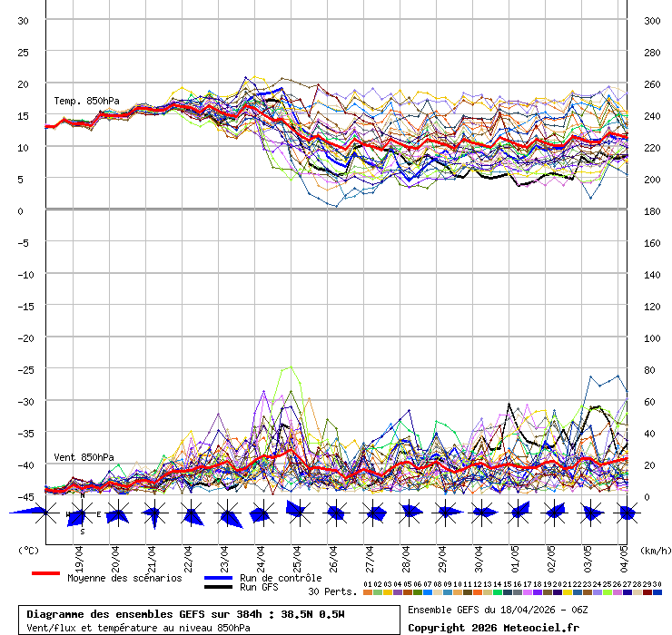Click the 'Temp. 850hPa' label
point(86,101)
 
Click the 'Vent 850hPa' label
point(84,457)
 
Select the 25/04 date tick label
point(297,555)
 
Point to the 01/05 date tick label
point(515,555)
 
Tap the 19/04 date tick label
point(80,555)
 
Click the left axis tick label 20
point(24,83)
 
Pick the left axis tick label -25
point(24,369)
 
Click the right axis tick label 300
point(652,20)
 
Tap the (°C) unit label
point(28,550)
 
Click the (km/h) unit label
point(654,550)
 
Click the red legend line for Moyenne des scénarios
point(45,573)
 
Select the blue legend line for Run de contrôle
point(218,578)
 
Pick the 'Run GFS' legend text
point(259,587)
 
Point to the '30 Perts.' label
point(332,591)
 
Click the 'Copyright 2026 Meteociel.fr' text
point(493,627)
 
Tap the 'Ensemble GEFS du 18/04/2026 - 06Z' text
point(497,610)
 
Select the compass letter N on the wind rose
point(82,495)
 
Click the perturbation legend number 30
point(657,584)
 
